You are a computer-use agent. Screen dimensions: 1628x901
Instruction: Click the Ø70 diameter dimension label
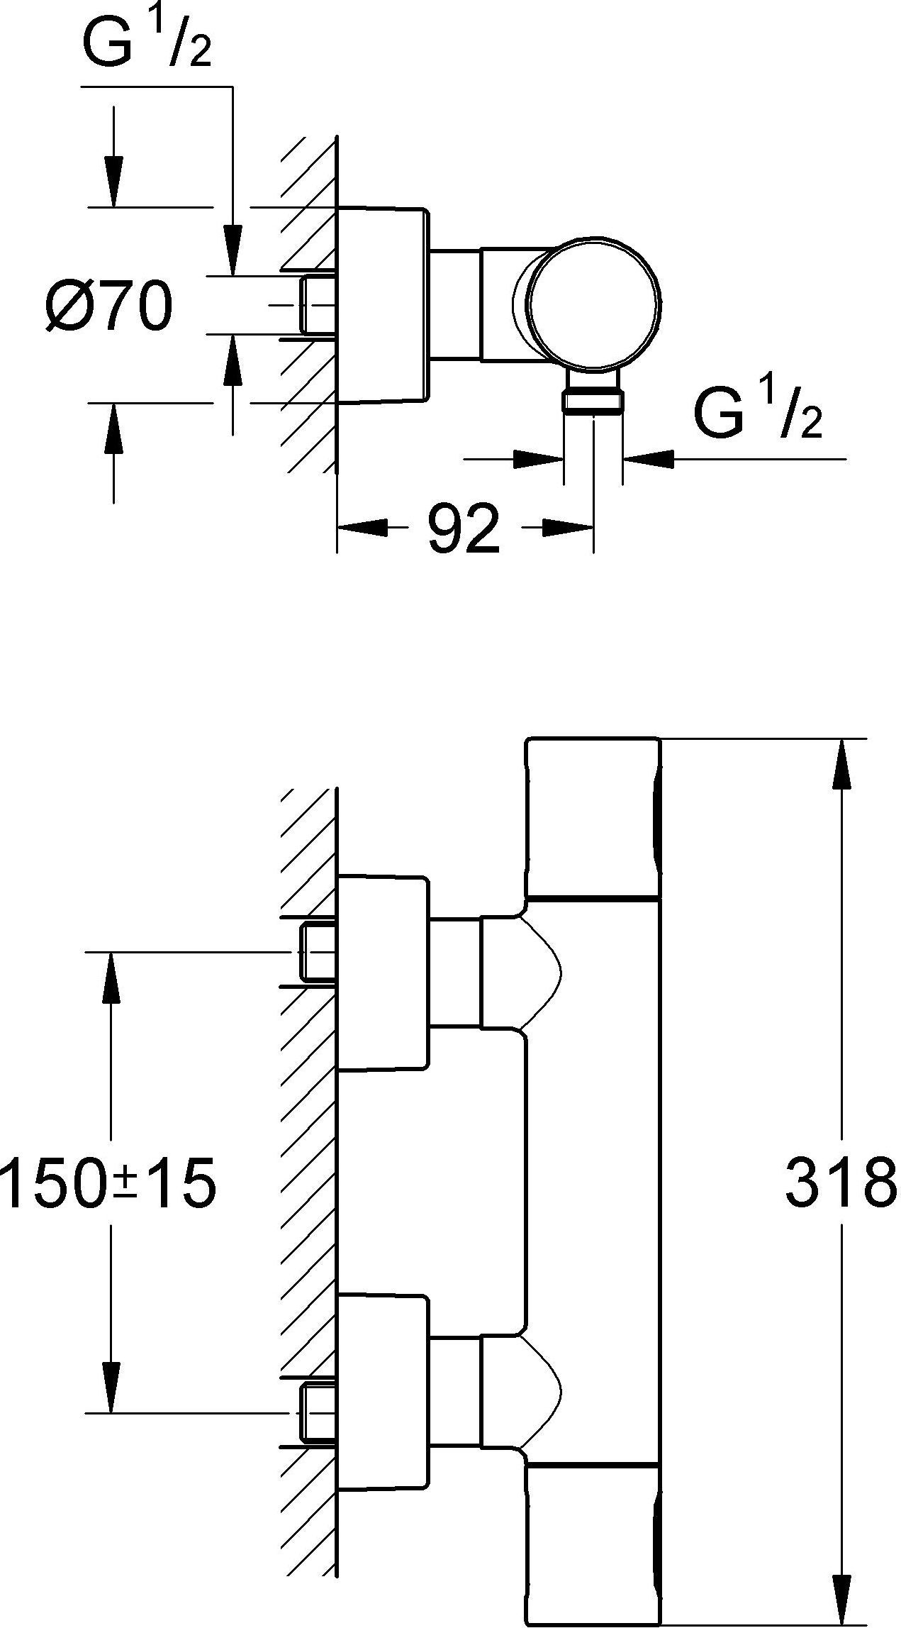108,306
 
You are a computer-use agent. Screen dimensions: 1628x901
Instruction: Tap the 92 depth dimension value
464,528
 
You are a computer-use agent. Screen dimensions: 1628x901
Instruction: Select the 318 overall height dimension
841,1183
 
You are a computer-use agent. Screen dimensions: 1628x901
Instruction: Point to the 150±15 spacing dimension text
108,1184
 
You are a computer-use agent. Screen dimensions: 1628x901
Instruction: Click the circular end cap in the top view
594,303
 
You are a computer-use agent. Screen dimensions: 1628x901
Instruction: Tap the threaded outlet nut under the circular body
593,402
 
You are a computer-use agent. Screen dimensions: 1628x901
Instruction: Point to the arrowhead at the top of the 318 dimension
841,763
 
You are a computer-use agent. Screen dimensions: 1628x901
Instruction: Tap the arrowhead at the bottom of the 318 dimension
841,1600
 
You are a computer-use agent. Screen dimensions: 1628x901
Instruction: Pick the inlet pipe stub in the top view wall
317,304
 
